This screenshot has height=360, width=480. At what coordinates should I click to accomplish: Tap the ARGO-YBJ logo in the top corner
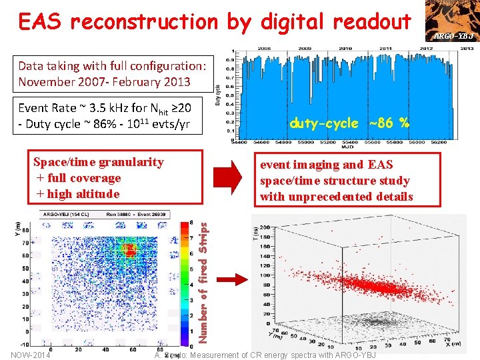pyautogui.click(x=454, y=21)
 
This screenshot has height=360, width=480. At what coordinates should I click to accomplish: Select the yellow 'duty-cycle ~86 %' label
pyautogui.click(x=349, y=123)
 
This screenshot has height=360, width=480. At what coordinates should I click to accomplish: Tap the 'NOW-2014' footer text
pyautogui.click(x=29, y=355)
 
